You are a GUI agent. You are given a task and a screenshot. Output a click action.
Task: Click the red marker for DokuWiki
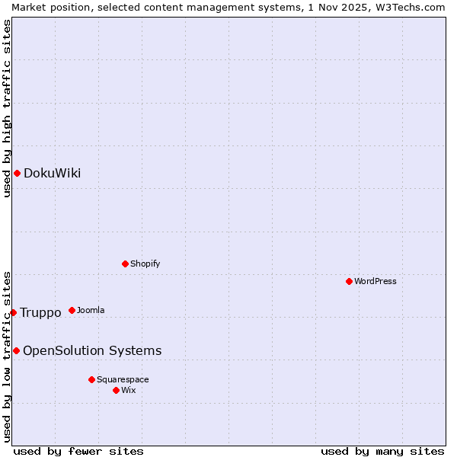17,173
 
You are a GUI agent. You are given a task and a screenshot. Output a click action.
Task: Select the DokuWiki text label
52,174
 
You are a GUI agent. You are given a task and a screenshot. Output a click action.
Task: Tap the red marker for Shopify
126,264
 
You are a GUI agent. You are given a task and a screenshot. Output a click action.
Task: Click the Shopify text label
145,264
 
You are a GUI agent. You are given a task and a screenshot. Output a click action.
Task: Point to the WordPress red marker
350,281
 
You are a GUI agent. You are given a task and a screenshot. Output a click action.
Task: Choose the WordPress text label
376,282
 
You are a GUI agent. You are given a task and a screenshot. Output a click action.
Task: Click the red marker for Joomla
72,310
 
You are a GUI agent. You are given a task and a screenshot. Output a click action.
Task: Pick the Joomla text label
91,311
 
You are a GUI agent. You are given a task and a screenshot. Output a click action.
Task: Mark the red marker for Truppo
13,312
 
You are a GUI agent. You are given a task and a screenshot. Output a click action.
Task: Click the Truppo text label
40,313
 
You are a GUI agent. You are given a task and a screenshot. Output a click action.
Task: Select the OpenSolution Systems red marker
16,350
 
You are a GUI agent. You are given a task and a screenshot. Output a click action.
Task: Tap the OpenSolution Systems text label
92,351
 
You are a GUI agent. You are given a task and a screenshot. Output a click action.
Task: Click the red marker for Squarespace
92,379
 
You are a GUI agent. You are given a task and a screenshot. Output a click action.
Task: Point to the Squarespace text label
123,380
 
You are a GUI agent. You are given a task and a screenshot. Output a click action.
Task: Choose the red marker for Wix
117,390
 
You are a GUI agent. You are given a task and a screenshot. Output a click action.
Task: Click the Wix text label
129,391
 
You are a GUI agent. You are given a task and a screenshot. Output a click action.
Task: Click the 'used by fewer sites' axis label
78,451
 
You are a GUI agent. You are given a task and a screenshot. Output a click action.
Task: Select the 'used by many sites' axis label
382,451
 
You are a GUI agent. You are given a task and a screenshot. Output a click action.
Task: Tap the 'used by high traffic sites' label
7,108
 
